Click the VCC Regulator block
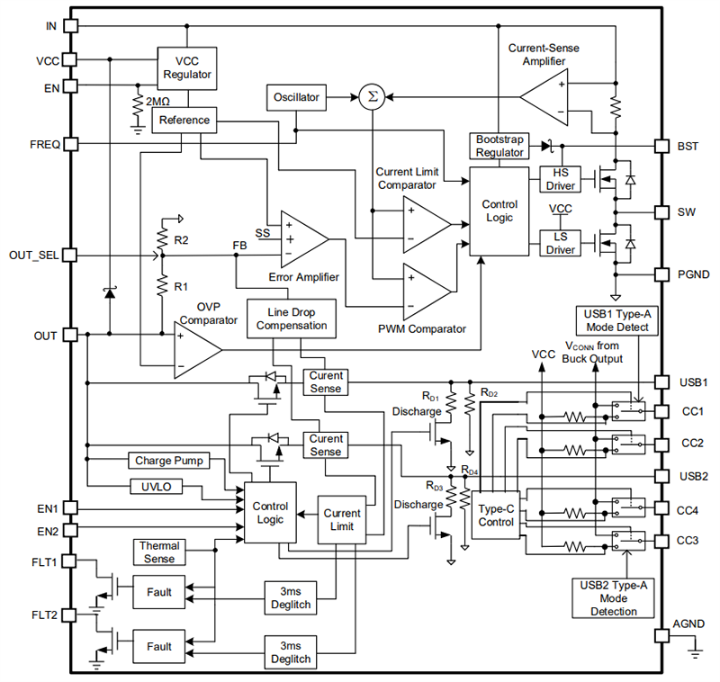[x=187, y=68]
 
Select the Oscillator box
[x=296, y=97]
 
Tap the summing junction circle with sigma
[x=370, y=97]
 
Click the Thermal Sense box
[x=159, y=552]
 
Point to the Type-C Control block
[x=495, y=516]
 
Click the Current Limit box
[x=342, y=520]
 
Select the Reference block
[x=184, y=120]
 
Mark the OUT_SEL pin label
[x=33, y=255]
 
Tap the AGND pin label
[x=688, y=624]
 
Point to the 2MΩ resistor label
[x=158, y=101]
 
